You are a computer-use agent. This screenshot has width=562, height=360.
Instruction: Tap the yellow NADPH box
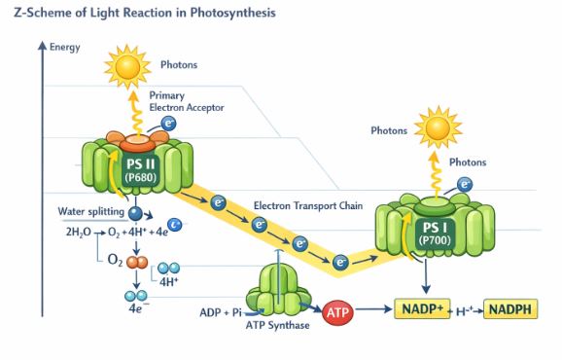point(509,311)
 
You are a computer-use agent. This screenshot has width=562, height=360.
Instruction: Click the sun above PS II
point(125,65)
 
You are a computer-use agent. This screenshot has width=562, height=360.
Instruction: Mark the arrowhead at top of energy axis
point(42,45)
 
